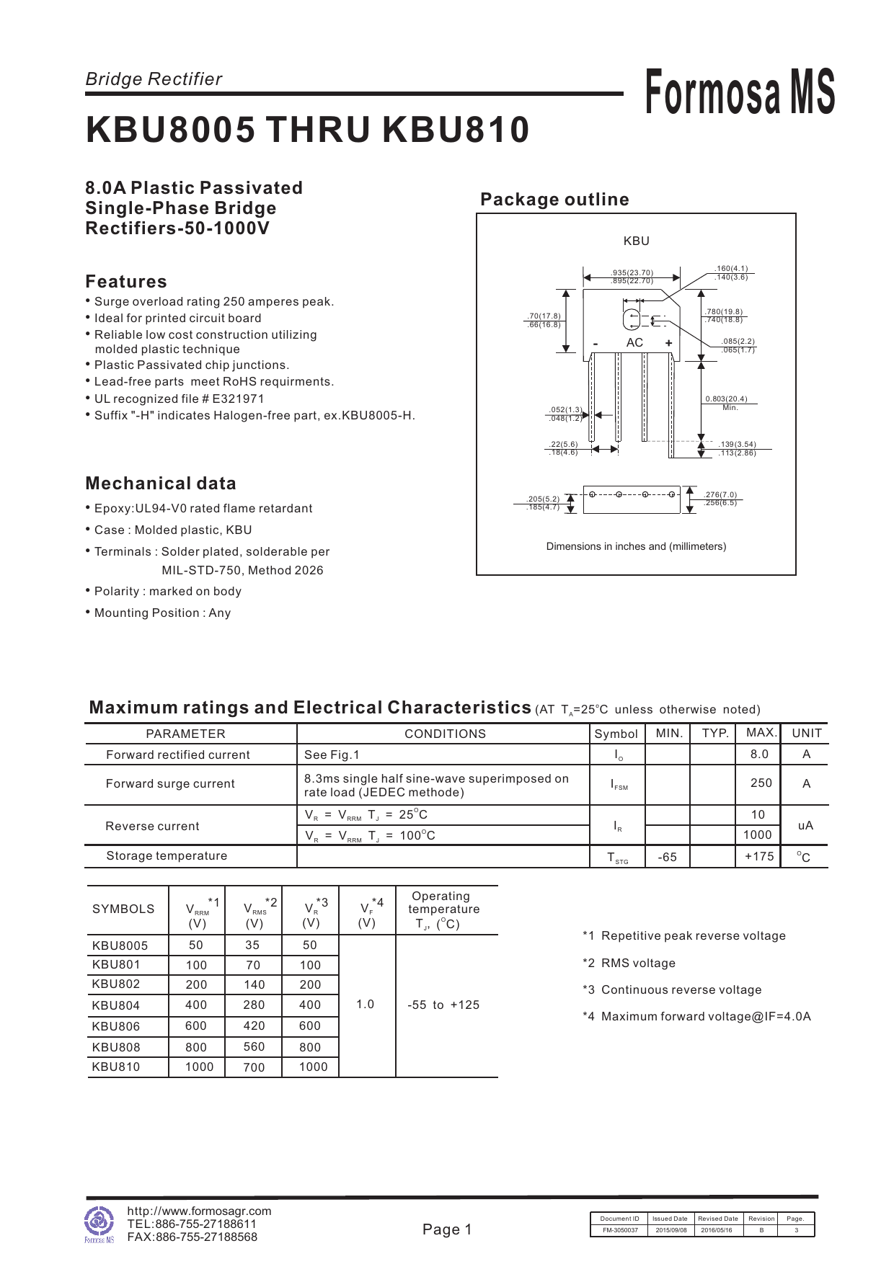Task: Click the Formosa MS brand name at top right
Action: (739, 92)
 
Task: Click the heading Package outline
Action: (554, 200)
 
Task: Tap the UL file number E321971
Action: (238, 399)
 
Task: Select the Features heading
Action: (126, 282)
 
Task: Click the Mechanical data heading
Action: (161, 484)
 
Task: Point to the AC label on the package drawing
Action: (634, 343)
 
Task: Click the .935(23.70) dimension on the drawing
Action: (632, 272)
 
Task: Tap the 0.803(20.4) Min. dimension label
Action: (726, 399)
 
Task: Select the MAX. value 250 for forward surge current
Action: (761, 783)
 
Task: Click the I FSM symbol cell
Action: (619, 785)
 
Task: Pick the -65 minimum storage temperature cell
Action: (668, 858)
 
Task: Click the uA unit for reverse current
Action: (805, 826)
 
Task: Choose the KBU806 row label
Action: (116, 1026)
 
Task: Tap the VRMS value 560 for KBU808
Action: (254, 1047)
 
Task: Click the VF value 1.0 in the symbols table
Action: (366, 1005)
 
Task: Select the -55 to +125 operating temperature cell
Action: (443, 1005)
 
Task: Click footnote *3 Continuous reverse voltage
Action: (672, 990)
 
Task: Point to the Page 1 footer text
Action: (447, 1230)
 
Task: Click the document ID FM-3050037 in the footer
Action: (620, 1231)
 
